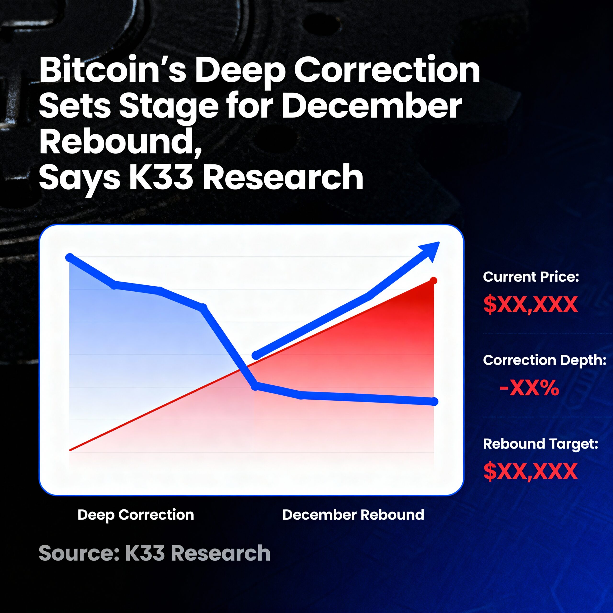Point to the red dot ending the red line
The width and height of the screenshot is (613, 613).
(433, 280)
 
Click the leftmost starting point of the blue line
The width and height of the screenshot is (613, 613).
(70, 257)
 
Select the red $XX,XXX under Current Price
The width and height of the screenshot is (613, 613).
(530, 304)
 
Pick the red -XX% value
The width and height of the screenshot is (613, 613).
(529, 387)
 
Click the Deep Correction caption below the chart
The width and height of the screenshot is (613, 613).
(136, 514)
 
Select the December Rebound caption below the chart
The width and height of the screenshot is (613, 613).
(353, 514)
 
